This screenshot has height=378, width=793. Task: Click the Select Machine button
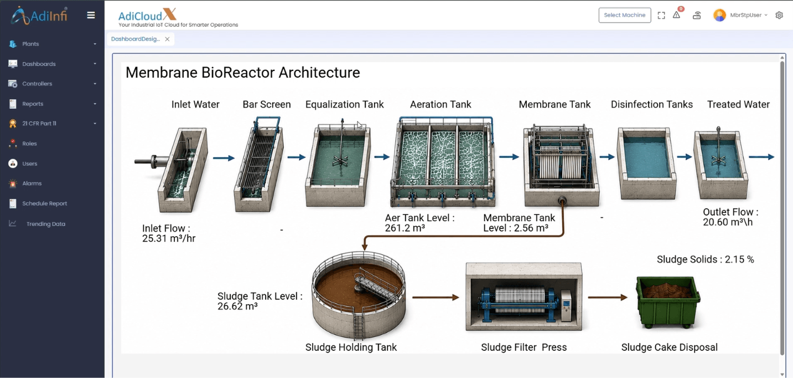click(x=624, y=16)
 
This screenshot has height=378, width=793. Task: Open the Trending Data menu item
click(x=46, y=224)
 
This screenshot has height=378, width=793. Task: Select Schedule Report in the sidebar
click(x=45, y=203)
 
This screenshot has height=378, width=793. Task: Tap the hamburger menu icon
click(x=91, y=16)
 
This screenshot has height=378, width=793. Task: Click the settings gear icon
click(x=779, y=16)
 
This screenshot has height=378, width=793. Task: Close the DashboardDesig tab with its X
click(x=168, y=39)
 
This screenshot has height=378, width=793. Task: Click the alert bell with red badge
click(x=677, y=14)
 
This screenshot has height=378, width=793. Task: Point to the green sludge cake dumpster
click(x=668, y=302)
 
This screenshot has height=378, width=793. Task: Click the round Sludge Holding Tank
click(x=358, y=294)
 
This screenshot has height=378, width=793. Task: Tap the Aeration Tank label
click(x=440, y=105)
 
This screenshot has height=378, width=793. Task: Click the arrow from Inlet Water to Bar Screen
click(x=224, y=158)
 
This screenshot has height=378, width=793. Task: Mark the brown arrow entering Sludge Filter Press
click(x=436, y=298)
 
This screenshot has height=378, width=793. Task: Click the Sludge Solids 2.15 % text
click(x=705, y=259)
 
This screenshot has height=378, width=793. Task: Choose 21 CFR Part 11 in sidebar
click(x=39, y=124)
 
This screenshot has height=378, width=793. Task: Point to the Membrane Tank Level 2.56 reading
click(x=519, y=223)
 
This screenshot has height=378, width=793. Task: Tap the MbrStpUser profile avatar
click(x=719, y=16)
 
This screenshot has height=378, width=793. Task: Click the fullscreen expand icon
click(x=661, y=16)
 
